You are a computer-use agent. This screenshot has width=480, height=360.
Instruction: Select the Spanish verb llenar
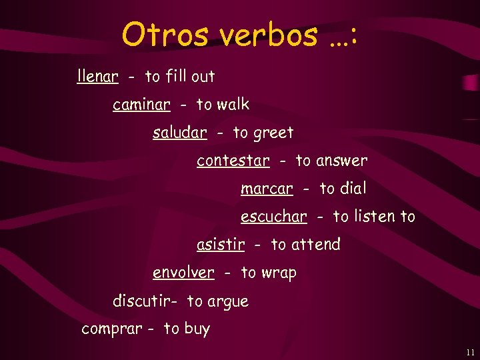coord(98,76)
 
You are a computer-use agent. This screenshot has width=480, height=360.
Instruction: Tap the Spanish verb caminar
coord(141,105)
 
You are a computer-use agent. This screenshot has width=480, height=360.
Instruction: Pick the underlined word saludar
coord(179,133)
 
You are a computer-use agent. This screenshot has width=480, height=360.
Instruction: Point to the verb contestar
coord(233,161)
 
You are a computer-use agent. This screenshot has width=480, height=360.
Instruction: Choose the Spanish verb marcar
coord(267,189)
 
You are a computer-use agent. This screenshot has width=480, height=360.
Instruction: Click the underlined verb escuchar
coord(273,217)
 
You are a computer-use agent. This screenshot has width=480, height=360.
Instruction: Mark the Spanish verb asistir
coord(221,245)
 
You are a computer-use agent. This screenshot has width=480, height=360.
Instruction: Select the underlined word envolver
coord(183,273)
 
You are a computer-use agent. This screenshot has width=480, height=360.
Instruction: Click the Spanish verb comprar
coord(111,329)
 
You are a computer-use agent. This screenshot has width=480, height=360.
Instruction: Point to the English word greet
coord(273,133)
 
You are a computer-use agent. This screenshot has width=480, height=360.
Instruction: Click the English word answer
coord(342,161)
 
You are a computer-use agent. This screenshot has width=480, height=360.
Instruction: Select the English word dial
coord(353,189)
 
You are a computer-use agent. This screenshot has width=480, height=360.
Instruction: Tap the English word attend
coord(315,245)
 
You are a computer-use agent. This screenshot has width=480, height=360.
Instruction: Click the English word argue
coord(228,302)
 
